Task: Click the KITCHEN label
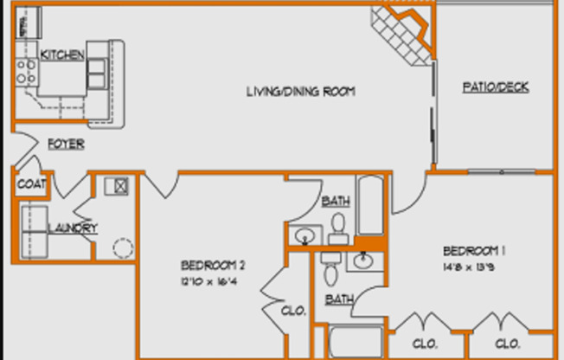(63, 55)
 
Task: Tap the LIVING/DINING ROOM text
(301, 92)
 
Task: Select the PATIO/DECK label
(496, 87)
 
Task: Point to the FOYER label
(66, 144)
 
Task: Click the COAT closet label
(30, 184)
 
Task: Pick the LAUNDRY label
(72, 228)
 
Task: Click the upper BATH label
(336, 202)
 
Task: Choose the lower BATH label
(339, 299)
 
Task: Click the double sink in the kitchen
(95, 69)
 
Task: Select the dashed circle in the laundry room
(122, 249)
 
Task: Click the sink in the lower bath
(364, 260)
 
